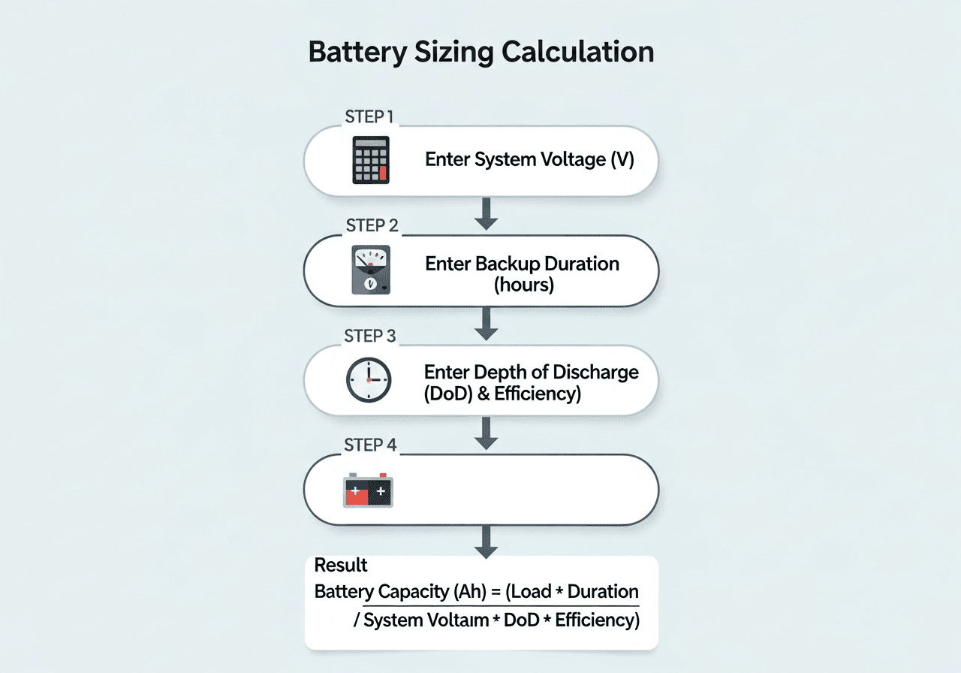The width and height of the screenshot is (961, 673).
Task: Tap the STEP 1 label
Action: pyautogui.click(x=369, y=116)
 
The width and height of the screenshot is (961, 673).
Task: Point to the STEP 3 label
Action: pyautogui.click(x=369, y=336)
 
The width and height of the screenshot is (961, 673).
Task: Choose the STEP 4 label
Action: pyautogui.click(x=370, y=445)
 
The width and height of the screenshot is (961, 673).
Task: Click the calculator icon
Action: pyautogui.click(x=371, y=160)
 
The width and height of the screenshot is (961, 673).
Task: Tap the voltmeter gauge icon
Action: pyautogui.click(x=370, y=270)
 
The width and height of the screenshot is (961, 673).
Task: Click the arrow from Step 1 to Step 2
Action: pyautogui.click(x=487, y=213)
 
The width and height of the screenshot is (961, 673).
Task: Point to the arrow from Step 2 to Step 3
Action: pyautogui.click(x=487, y=323)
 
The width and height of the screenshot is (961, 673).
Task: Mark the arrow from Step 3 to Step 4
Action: pyautogui.click(x=487, y=433)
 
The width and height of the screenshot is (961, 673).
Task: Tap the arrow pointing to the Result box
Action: pyautogui.click(x=487, y=542)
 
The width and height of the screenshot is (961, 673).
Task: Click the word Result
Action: pyautogui.click(x=341, y=565)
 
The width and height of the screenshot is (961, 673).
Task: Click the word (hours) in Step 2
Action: pyautogui.click(x=523, y=285)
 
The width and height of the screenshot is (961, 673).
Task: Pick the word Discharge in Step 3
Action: pyautogui.click(x=595, y=373)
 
